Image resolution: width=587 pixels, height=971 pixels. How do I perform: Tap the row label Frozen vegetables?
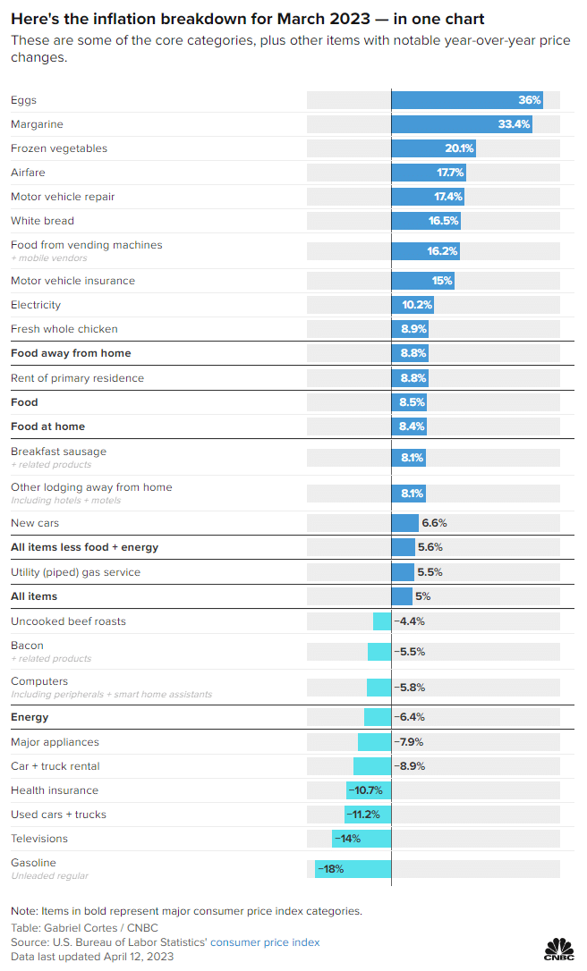59,148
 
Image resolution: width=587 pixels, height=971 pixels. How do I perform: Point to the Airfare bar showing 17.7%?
428,173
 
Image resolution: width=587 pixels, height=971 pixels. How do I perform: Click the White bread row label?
42,221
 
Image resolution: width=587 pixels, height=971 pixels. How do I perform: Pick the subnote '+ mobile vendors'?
49,258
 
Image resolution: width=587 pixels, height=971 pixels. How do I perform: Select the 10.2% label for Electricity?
417,305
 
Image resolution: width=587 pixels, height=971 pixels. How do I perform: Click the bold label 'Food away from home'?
71,353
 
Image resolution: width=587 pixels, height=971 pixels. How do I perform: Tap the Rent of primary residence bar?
409,378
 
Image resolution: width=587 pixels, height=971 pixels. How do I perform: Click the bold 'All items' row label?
34,596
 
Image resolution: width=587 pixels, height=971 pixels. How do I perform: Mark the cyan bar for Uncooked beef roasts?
382,621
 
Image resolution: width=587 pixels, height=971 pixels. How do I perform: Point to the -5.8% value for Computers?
409,688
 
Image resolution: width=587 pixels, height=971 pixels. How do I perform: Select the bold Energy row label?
30,717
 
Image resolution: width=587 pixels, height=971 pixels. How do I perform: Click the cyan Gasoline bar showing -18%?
353,869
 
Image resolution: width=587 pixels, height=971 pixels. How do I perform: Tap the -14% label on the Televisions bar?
347,839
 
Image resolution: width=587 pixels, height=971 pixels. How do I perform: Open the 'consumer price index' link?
265,942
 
